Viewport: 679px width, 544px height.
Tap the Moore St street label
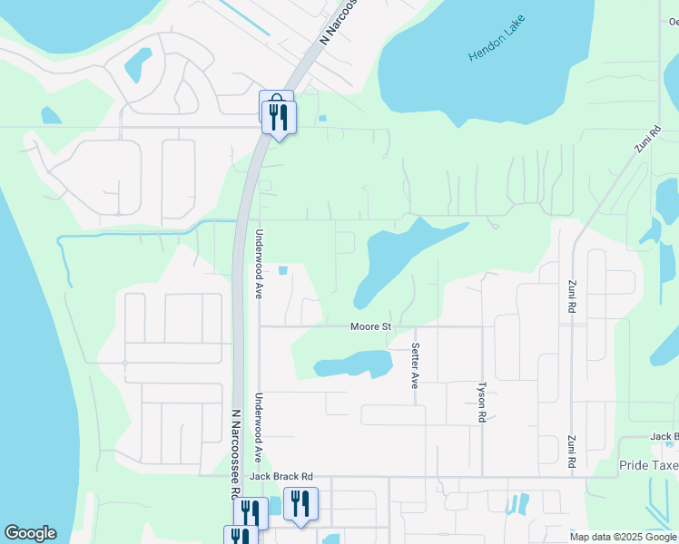pos(371,326)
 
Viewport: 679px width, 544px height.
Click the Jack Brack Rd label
pos(281,476)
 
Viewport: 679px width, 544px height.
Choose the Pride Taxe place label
pos(648,465)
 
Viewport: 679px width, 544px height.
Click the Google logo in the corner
pos(30,533)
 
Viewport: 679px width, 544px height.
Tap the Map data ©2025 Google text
pos(622,537)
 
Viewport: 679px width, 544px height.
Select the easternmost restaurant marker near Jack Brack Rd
pos(300,504)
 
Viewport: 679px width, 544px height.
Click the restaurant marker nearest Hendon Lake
pos(279,118)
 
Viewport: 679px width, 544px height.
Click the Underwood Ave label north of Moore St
pos(259,265)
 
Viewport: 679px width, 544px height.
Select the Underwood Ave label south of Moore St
pos(259,429)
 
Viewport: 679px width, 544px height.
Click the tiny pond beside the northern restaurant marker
pos(320,118)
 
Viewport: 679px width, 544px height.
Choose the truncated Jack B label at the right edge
pos(664,437)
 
